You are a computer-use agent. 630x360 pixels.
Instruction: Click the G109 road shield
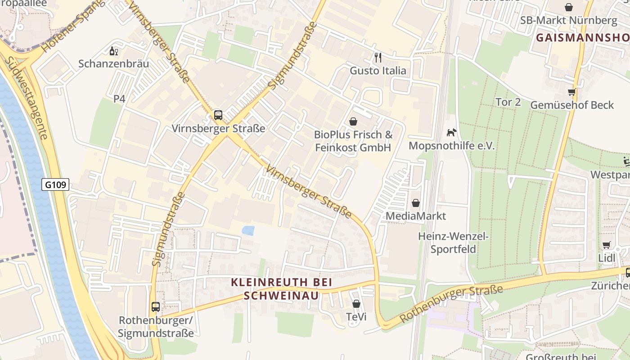[56, 184]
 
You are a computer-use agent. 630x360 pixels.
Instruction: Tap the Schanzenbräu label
[113, 64]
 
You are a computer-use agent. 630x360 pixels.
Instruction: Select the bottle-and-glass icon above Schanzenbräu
[114, 51]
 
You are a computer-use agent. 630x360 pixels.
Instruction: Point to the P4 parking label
[119, 99]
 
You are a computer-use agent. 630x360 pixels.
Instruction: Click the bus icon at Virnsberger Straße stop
[218, 115]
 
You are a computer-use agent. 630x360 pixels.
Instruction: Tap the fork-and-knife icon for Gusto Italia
[378, 58]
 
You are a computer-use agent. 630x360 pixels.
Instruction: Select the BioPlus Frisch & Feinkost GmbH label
[353, 141]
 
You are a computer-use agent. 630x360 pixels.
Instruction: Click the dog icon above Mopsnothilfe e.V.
[451, 132]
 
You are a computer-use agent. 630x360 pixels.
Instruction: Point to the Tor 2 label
[508, 102]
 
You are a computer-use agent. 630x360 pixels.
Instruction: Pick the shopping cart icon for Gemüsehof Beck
[571, 92]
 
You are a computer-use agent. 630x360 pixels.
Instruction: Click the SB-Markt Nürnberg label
[569, 21]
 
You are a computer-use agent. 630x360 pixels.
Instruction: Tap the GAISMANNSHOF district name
[582, 38]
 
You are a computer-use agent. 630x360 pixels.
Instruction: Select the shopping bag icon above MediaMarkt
[416, 203]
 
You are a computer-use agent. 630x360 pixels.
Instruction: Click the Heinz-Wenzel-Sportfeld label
[453, 243]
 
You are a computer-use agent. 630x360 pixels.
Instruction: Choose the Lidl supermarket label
[607, 258]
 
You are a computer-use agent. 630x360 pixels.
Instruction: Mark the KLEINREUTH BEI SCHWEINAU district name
[281, 288]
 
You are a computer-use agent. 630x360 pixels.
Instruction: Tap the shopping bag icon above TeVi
[356, 304]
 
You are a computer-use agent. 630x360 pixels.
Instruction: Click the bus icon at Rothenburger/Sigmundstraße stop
[156, 307]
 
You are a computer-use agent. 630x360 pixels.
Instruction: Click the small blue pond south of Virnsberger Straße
[248, 230]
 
